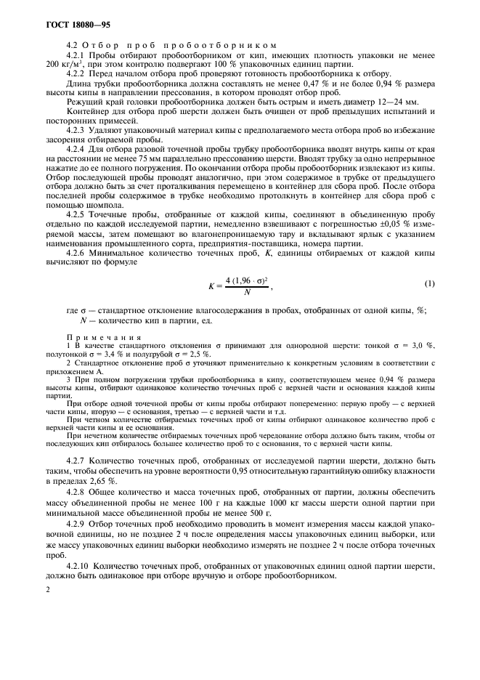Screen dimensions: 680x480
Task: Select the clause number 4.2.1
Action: click(x=76, y=55)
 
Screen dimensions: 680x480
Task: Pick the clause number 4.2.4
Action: click(x=76, y=148)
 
